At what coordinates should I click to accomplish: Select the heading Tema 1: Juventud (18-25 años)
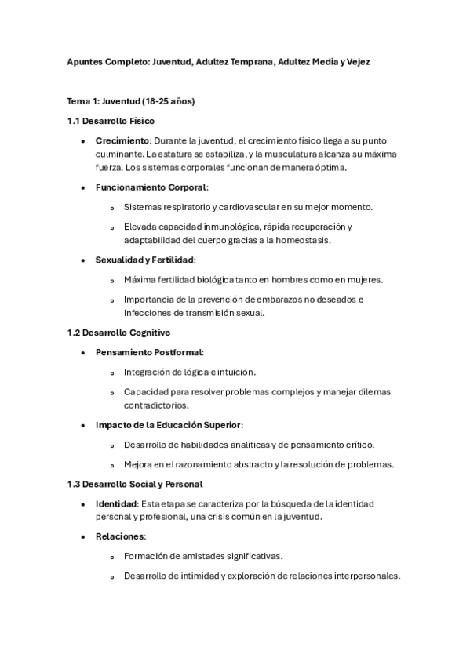(x=131, y=101)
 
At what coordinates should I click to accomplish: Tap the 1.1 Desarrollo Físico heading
(x=111, y=121)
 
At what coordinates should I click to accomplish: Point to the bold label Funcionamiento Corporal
(x=151, y=187)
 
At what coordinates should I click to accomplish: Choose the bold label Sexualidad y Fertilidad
(x=144, y=260)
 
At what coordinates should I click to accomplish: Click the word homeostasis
(x=297, y=240)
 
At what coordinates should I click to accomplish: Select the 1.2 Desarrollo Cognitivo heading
(x=118, y=332)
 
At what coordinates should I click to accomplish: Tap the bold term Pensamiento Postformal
(x=148, y=352)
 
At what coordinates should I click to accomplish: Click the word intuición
(x=235, y=372)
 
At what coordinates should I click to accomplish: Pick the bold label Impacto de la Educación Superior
(x=169, y=425)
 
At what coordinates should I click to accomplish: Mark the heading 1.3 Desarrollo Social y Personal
(x=135, y=485)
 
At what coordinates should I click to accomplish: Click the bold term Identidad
(x=116, y=503)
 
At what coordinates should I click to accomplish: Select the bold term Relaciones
(x=120, y=536)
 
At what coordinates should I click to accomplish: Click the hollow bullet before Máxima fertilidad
(x=113, y=281)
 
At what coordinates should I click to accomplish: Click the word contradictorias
(x=155, y=405)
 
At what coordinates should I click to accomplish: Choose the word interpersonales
(x=361, y=576)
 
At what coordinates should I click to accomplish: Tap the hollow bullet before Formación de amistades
(x=113, y=557)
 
